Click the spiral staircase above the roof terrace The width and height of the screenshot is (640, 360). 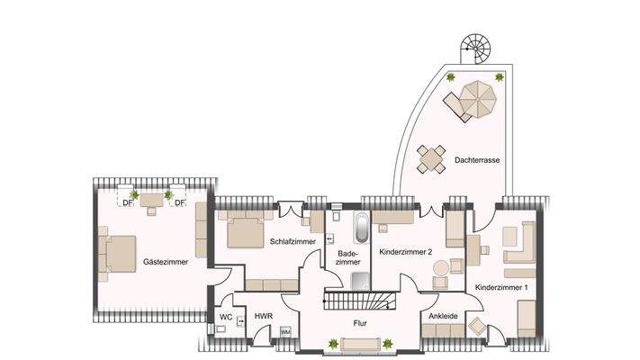pos(474,46)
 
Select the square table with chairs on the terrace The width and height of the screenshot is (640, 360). pos(432,160)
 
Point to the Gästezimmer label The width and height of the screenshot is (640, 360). pos(165,262)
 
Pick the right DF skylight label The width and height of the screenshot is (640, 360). pos(179,202)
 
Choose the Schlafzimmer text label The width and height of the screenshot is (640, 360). pos(291,241)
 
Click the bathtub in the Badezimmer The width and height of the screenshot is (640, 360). pos(360,229)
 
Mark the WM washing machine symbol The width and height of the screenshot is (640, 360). pos(285,332)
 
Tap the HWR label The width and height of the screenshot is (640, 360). pos(263,317)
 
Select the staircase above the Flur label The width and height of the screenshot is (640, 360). pos(359,301)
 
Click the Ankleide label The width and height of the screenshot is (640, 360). pos(445,316)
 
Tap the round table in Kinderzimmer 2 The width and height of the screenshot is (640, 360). pos(441,269)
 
